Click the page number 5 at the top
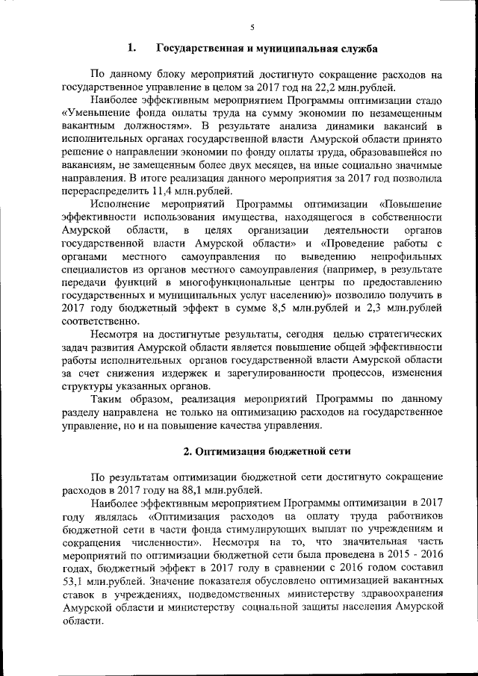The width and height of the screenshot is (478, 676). [252, 28]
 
